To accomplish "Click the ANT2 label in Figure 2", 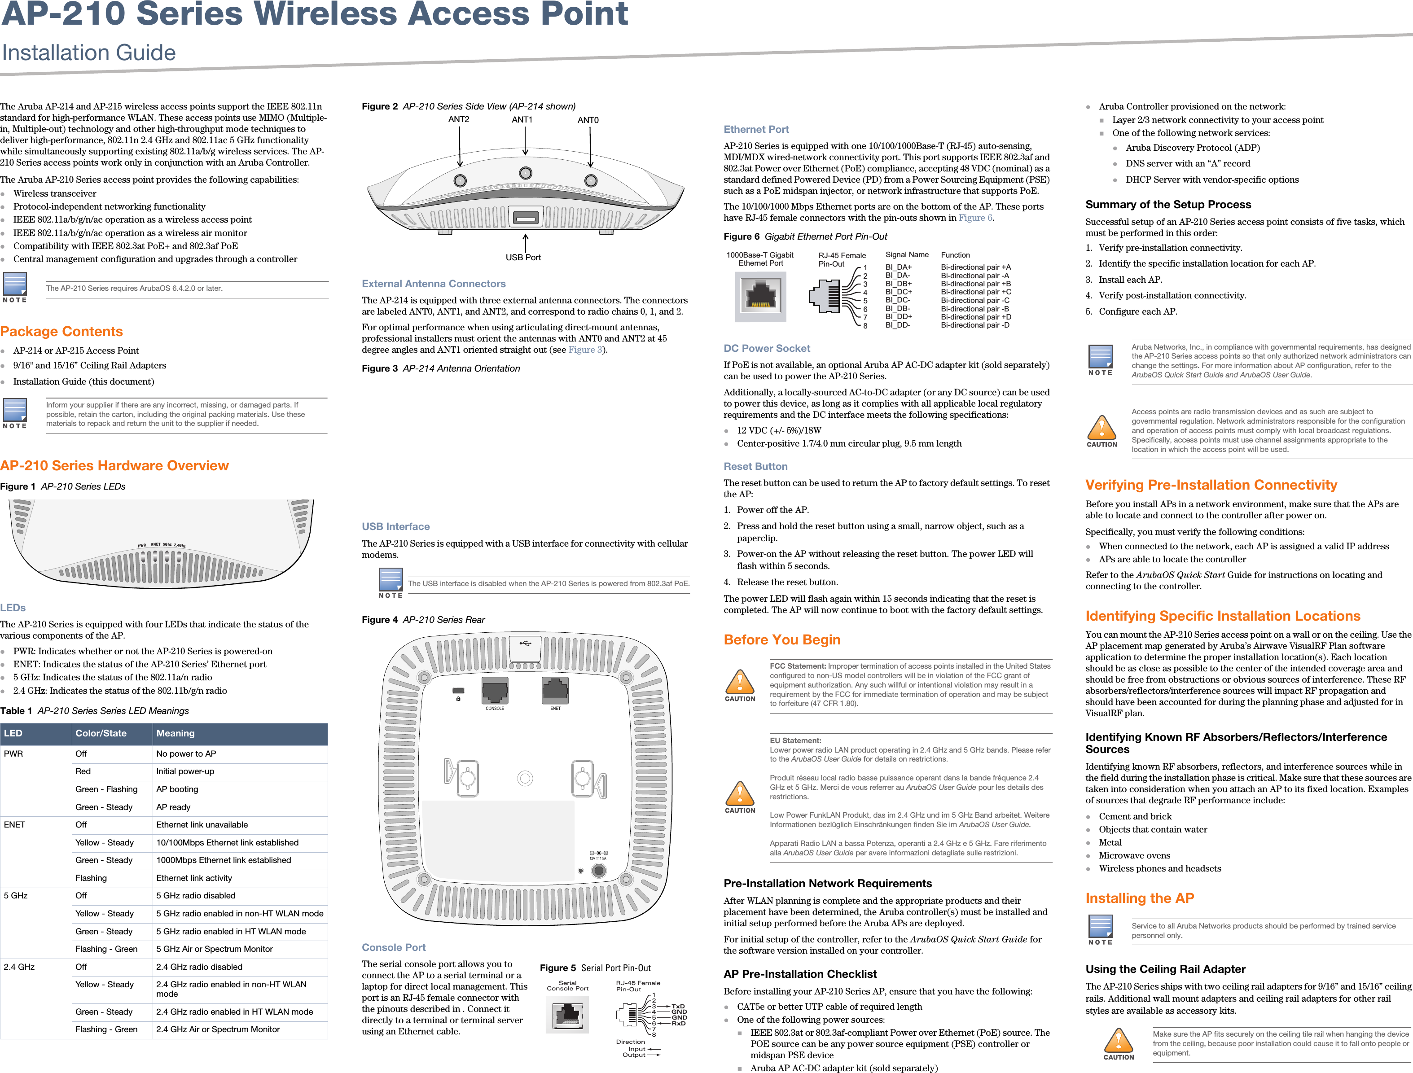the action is (459, 119).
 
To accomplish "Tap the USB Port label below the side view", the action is (523, 258).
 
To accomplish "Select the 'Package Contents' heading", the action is (62, 332).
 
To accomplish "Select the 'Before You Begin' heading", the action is (782, 639).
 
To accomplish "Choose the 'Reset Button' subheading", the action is (756, 466).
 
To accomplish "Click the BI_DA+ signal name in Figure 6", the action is (899, 267).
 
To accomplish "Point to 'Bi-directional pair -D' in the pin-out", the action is (975, 325).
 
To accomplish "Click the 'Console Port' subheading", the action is (394, 947).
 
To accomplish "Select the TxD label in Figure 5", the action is (678, 1007).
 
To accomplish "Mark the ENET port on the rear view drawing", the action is (555, 689).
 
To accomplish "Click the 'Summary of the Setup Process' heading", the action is (1168, 204).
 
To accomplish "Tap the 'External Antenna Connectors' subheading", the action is (434, 284).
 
